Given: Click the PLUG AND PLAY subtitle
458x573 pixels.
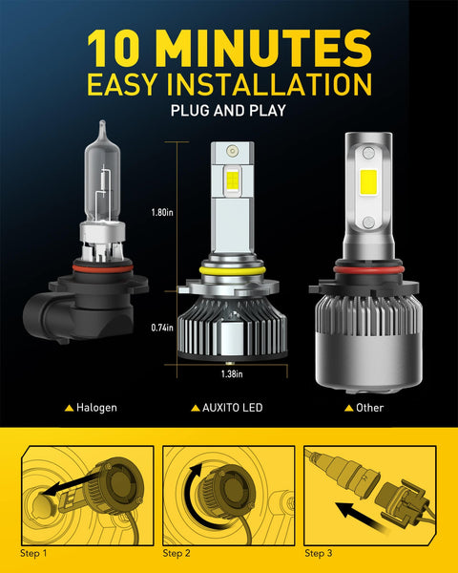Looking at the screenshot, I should [x=229, y=111].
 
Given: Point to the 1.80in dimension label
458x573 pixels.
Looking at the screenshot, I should [x=163, y=214].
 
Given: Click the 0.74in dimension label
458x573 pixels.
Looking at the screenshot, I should [x=162, y=328].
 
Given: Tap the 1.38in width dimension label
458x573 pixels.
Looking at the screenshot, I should [x=230, y=375].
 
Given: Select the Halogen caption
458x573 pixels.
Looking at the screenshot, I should [x=96, y=408].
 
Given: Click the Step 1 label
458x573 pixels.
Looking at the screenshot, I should [x=32, y=553].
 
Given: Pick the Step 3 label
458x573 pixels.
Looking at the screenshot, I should [x=318, y=553].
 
